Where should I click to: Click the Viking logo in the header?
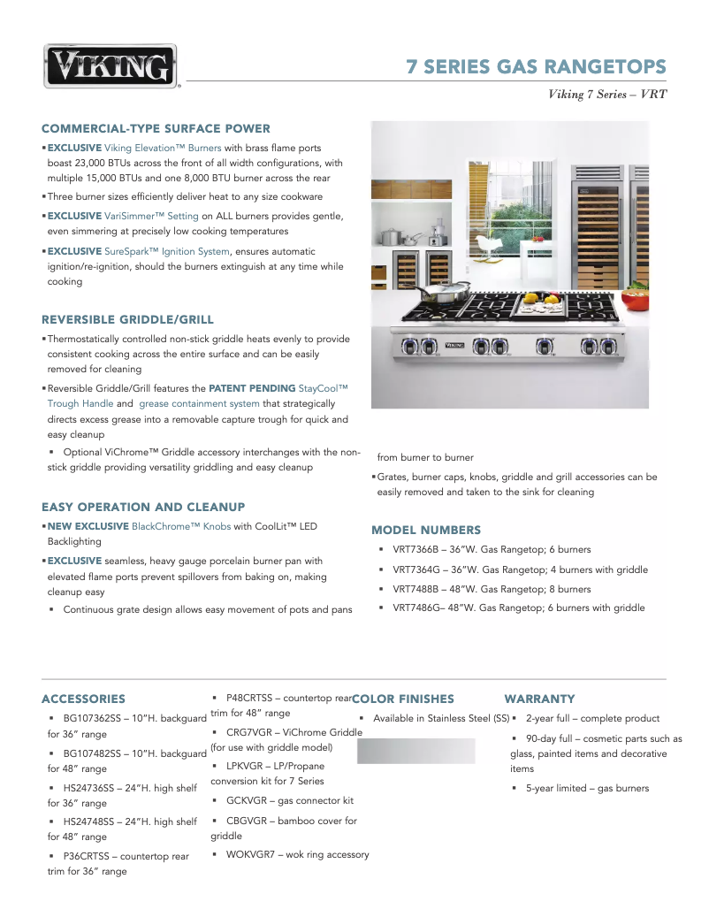(x=111, y=66)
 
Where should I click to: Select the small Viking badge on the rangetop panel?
(x=454, y=344)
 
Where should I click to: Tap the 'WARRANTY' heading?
(x=539, y=699)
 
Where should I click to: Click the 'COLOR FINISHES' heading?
(x=403, y=699)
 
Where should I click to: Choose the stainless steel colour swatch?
(x=415, y=751)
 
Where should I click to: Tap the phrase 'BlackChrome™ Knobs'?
(x=181, y=526)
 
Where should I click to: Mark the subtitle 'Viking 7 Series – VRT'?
(x=607, y=95)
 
